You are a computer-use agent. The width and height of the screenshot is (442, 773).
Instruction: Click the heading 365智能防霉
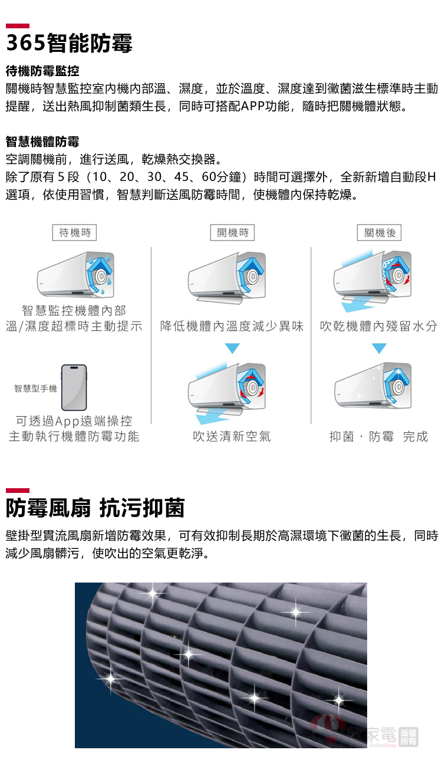click(69, 43)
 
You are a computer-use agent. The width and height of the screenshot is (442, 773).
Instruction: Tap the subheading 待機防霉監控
click(42, 71)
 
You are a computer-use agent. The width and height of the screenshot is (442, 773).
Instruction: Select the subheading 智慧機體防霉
click(42, 142)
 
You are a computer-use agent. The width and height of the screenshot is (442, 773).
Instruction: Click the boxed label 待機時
click(74, 232)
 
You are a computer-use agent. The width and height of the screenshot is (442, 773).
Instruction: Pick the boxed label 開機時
click(233, 232)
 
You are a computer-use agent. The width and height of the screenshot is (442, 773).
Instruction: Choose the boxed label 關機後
click(379, 232)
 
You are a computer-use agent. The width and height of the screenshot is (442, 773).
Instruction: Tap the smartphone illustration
click(74, 387)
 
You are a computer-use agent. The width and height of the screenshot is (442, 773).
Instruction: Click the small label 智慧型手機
click(35, 389)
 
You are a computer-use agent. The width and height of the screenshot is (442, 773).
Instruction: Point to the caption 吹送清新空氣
click(232, 436)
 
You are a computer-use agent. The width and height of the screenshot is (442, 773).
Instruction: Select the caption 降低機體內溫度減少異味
click(232, 326)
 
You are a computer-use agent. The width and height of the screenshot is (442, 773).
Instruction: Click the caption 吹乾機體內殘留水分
click(378, 326)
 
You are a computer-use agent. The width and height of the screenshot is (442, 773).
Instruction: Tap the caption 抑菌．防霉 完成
click(378, 436)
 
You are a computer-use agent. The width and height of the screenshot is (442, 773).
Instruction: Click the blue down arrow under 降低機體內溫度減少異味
click(232, 348)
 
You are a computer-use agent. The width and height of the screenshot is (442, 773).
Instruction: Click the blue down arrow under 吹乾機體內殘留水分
click(379, 348)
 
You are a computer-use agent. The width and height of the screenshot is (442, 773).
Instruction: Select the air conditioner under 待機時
click(75, 275)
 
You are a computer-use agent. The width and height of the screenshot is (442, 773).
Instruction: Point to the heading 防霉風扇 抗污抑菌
click(95, 508)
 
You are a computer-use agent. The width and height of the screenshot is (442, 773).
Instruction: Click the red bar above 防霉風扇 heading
click(18, 491)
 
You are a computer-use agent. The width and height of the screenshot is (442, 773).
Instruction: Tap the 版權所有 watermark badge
click(408, 738)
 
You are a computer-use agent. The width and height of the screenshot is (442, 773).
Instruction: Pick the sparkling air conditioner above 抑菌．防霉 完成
click(373, 386)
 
